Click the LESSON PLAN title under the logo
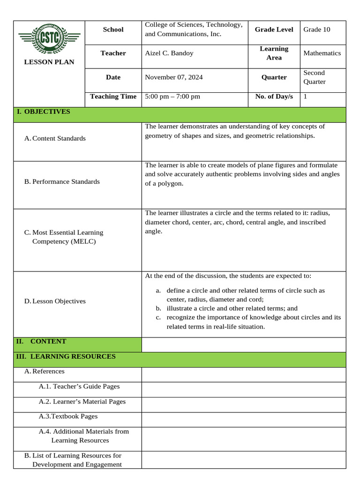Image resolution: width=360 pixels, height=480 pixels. coord(49,62)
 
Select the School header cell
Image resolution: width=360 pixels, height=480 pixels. coord(113,30)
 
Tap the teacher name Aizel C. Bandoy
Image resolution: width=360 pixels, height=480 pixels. coord(169,53)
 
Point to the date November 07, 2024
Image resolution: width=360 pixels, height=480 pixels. coord(174,77)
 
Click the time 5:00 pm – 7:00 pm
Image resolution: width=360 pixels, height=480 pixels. coord(172,97)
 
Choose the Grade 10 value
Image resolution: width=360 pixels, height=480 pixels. coord(317,30)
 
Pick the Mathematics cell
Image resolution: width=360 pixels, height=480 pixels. coord(322,53)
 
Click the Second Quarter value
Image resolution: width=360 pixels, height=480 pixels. coord(314,77)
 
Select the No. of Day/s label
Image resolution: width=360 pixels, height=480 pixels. coord(274,97)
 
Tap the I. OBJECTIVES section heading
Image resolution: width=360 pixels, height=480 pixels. coord(43,112)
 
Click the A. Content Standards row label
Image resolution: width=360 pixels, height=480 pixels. coord(55,138)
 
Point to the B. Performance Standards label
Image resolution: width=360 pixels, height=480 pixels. coord(62,181)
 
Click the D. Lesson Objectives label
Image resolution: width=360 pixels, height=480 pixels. coord(55,301)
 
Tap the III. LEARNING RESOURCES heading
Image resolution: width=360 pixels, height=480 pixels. coord(66,356)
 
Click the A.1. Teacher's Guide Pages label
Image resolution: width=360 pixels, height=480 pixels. coord(79,386)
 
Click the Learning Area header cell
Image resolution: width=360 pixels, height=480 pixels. coord(274,53)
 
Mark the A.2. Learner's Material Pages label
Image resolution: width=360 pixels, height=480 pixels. coord(82,401)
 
